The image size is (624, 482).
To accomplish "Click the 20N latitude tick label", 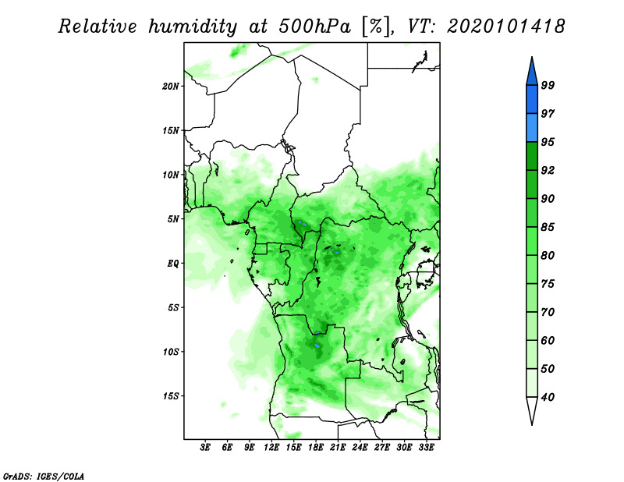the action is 170,86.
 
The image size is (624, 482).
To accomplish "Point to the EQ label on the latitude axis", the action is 173,264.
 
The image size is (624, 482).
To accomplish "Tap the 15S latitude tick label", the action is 170,396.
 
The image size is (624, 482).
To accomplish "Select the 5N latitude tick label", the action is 173,219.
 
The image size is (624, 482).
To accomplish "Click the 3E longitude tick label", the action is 205,447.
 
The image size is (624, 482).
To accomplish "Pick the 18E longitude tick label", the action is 316,447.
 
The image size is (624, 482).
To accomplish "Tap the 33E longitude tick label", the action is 426,447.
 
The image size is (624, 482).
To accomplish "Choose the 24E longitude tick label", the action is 360,447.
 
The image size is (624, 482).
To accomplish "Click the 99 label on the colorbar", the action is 548,85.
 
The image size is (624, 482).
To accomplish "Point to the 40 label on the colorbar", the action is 548,397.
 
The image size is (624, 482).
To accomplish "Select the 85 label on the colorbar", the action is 548,227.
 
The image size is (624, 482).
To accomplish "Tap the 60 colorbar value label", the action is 548,340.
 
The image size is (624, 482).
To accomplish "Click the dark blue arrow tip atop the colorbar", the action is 532,57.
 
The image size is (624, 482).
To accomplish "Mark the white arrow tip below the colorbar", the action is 532,425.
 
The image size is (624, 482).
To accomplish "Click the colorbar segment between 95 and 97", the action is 532,128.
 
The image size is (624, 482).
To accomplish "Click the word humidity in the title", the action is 193,27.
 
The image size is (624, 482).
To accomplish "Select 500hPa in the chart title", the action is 314,27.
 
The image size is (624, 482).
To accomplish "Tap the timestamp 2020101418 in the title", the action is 505,27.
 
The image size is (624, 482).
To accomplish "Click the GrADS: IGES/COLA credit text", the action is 44,476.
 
